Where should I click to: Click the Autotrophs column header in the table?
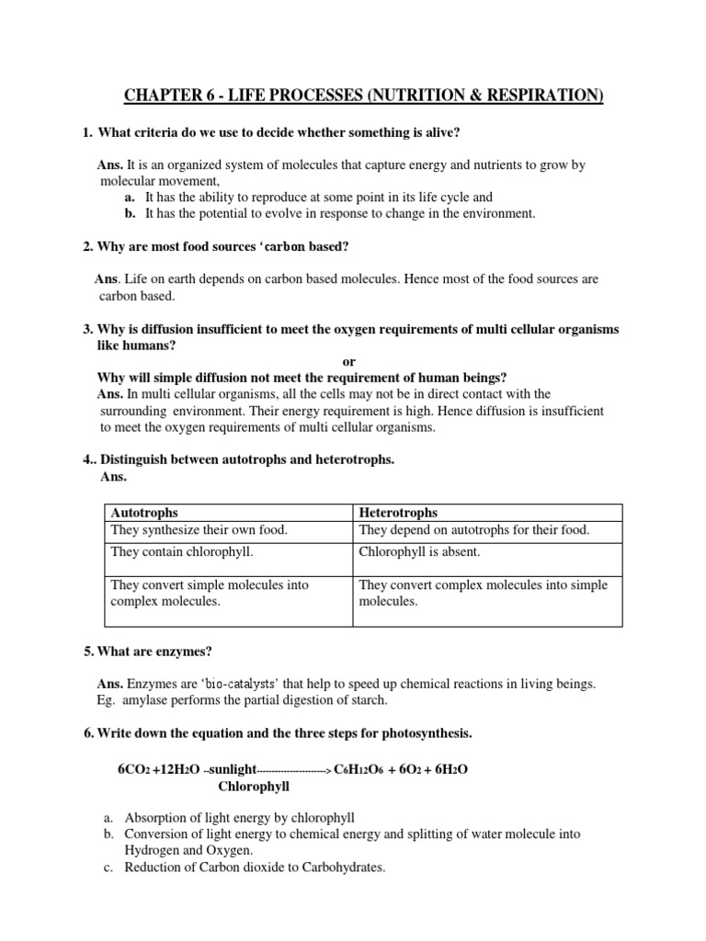pyautogui.click(x=144, y=512)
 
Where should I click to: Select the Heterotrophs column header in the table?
pyautogui.click(x=398, y=512)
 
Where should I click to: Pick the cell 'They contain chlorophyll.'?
pyautogui.click(x=182, y=552)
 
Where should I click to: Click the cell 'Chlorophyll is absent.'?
pyautogui.click(x=419, y=552)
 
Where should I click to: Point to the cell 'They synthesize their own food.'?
pyautogui.click(x=199, y=530)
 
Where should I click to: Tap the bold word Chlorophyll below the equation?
pyautogui.click(x=254, y=787)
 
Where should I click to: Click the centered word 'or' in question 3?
pyautogui.click(x=348, y=362)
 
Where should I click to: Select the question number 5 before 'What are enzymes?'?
pyautogui.click(x=88, y=652)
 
